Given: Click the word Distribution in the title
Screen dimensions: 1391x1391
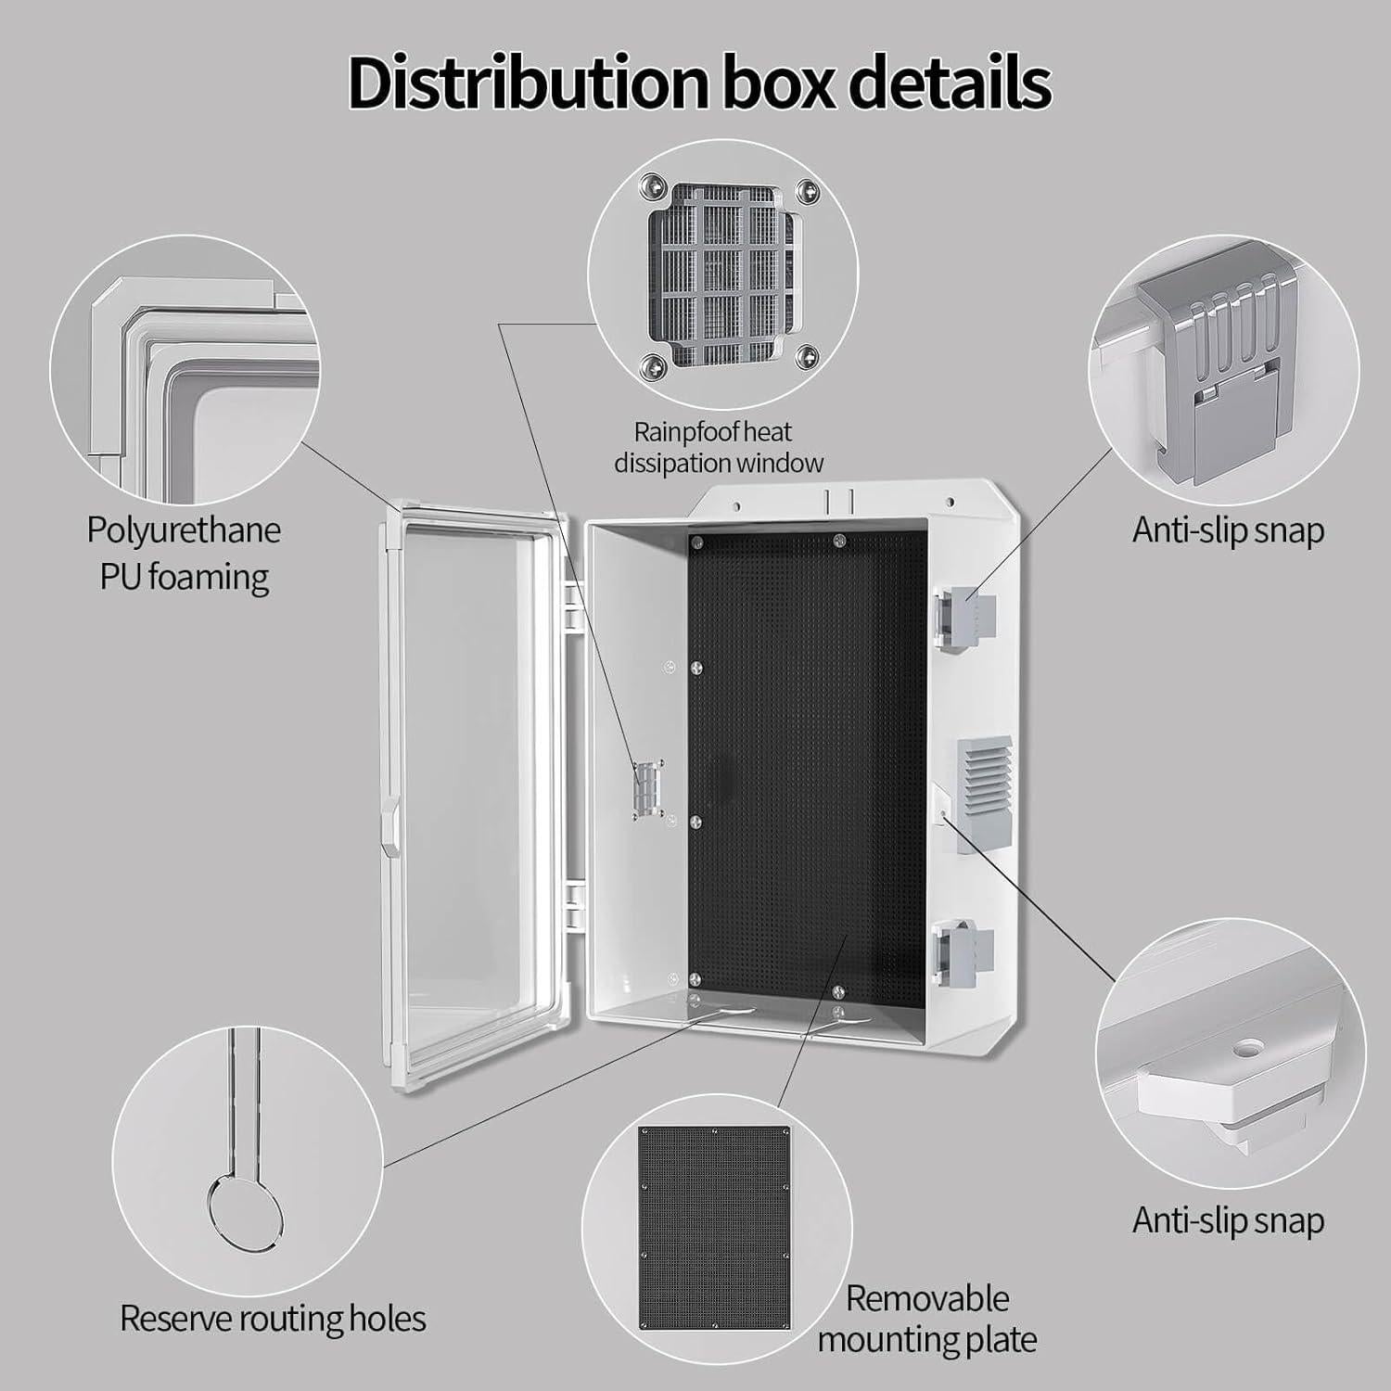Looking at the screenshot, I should tap(524, 83).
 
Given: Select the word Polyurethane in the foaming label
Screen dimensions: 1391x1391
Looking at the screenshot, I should tap(184, 530).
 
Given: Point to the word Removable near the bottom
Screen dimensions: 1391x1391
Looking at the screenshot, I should tap(926, 1298).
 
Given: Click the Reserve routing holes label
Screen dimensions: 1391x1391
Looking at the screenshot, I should tap(273, 1318).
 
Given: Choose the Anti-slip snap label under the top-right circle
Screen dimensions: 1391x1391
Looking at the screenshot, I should tap(1228, 530).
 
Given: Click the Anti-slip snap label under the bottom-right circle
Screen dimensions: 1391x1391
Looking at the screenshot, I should tap(1228, 1220).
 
